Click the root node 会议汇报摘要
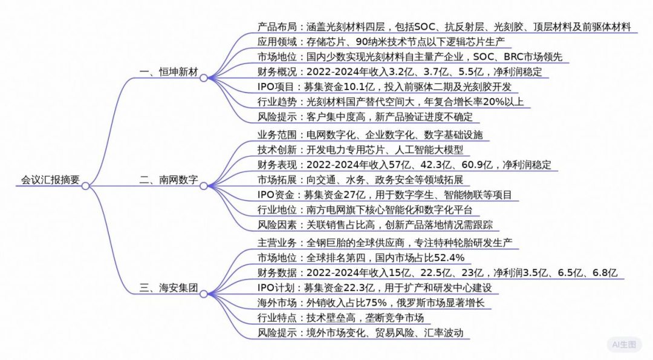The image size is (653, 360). [x=50, y=180]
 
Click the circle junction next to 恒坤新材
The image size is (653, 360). [x=204, y=77]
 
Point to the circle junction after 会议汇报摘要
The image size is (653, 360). [x=85, y=186]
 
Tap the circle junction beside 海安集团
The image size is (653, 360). [x=204, y=293]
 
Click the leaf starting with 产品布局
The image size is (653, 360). [x=444, y=27]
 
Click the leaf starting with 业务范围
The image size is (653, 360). [x=369, y=134]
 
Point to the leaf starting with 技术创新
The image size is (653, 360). [x=360, y=149]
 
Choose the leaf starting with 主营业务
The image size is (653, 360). [x=385, y=243]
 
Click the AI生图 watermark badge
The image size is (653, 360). [x=624, y=345]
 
